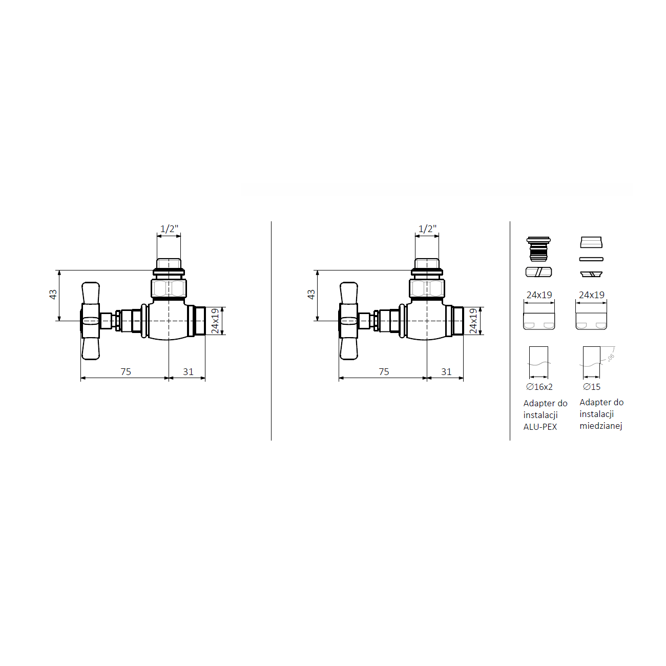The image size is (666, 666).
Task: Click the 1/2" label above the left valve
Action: [x=169, y=229]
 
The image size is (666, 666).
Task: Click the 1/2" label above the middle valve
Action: [x=427, y=229]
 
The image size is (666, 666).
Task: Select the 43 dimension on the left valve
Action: [x=53, y=295]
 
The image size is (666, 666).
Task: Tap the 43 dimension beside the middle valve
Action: [x=311, y=295]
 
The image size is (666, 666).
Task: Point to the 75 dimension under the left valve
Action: [x=126, y=371]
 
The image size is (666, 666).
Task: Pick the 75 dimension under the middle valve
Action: [x=384, y=371]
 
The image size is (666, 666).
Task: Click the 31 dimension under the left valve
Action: [x=188, y=371]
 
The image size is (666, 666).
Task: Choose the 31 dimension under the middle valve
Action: [x=446, y=371]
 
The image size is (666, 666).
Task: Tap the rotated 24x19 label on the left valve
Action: [x=215, y=321]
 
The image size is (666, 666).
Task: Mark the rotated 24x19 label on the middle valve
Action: [x=473, y=321]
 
